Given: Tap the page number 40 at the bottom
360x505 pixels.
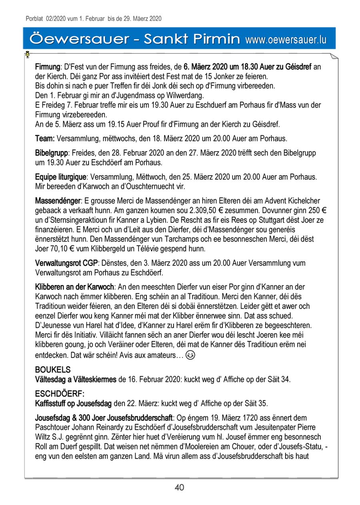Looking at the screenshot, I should [x=179, y=487].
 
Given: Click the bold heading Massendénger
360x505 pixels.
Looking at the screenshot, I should [x=58, y=200].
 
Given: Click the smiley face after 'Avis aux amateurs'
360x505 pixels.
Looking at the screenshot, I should [x=191, y=355].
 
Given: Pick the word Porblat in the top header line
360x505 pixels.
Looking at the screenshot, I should [x=34, y=18].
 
